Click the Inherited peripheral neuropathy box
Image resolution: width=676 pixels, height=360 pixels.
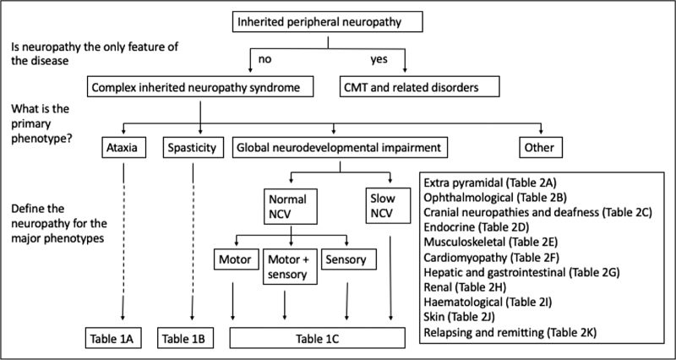(327, 22)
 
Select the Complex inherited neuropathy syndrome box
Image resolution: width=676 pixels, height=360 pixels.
(200, 87)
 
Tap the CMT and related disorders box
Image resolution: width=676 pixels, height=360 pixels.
(419, 87)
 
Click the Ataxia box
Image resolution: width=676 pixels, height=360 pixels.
(124, 148)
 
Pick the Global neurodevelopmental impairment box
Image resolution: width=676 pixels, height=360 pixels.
(341, 148)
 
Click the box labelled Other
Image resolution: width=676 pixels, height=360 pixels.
(541, 148)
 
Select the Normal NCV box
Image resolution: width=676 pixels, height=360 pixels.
(291, 205)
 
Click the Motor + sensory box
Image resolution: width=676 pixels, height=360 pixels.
(290, 266)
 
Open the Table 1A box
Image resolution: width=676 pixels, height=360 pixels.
(112, 338)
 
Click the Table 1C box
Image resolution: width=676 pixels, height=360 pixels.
(318, 338)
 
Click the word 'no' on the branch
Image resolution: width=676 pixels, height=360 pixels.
(264, 59)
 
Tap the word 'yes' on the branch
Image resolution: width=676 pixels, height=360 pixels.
(379, 59)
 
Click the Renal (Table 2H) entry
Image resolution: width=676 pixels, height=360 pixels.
(465, 286)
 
